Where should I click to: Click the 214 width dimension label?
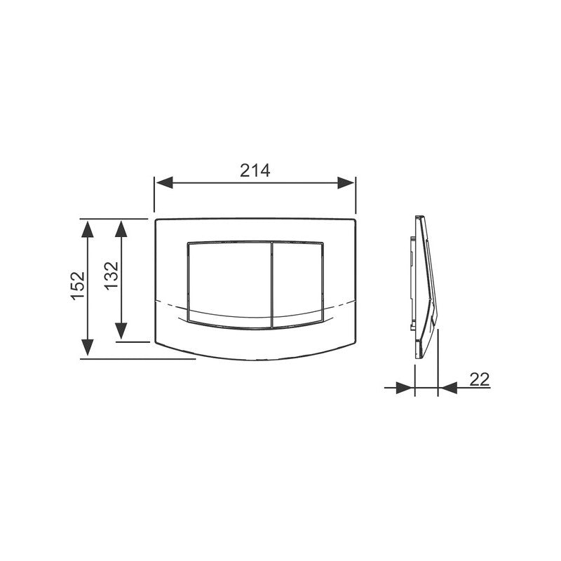coord(255,170)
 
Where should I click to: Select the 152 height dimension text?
coord(78,286)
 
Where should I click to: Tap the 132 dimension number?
coord(111,276)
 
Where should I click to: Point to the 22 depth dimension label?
coord(480,379)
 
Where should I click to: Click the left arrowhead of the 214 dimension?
coord(165,182)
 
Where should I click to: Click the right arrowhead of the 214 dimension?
coord(346,182)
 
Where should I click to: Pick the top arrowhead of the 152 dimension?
coord(87,229)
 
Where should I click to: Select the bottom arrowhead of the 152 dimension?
coord(87,347)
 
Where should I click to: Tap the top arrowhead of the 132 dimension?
coord(121,229)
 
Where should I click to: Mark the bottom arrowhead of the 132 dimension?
coord(121,330)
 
